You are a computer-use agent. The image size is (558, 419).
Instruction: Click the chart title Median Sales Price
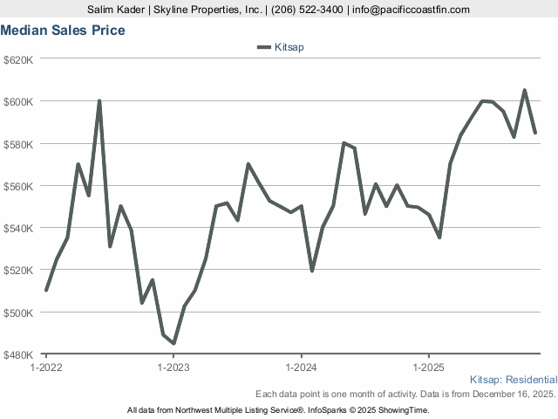pyautogui.click(x=62, y=31)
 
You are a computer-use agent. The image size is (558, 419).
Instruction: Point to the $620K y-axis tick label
pyautogui.click(x=18, y=59)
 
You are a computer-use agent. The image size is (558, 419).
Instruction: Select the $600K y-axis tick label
pyautogui.click(x=18, y=101)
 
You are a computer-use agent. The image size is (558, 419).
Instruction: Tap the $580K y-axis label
pyautogui.click(x=18, y=143)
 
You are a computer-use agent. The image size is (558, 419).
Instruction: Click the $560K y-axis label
pyautogui.click(x=18, y=186)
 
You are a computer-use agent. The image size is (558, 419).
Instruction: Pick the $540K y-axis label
pyautogui.click(x=18, y=228)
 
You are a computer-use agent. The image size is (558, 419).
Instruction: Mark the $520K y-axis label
pyautogui.click(x=18, y=270)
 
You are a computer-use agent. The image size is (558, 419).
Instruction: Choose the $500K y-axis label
pyautogui.click(x=18, y=312)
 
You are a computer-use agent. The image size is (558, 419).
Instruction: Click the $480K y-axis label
pyautogui.click(x=18, y=354)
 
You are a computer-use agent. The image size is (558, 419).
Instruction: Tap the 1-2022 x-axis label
pyautogui.click(x=45, y=367)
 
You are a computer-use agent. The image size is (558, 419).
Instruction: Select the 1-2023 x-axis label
pyautogui.click(x=174, y=367)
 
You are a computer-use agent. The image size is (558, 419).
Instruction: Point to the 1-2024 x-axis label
pyautogui.click(x=301, y=367)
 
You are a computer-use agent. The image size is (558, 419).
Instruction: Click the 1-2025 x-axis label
pyautogui.click(x=428, y=367)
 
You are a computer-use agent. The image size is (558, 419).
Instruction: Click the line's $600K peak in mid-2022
pyautogui.click(x=99, y=100)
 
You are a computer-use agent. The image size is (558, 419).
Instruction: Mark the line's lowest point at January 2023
pyautogui.click(x=174, y=343)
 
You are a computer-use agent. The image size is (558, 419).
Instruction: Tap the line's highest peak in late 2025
pyautogui.click(x=524, y=90)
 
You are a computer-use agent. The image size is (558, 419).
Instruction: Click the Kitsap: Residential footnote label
pyautogui.click(x=513, y=380)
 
